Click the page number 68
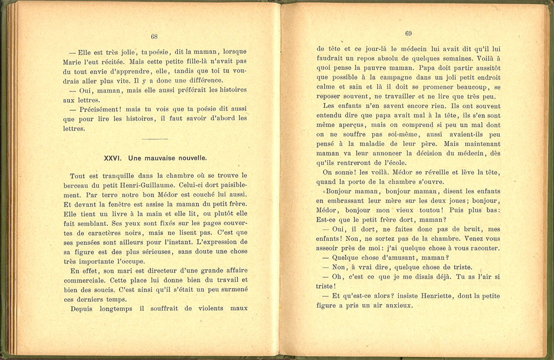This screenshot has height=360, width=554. pyautogui.click(x=154, y=37)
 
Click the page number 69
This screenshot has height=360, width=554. pyautogui.click(x=408, y=33)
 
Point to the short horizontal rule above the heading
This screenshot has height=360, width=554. pyautogui.click(x=155, y=138)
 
